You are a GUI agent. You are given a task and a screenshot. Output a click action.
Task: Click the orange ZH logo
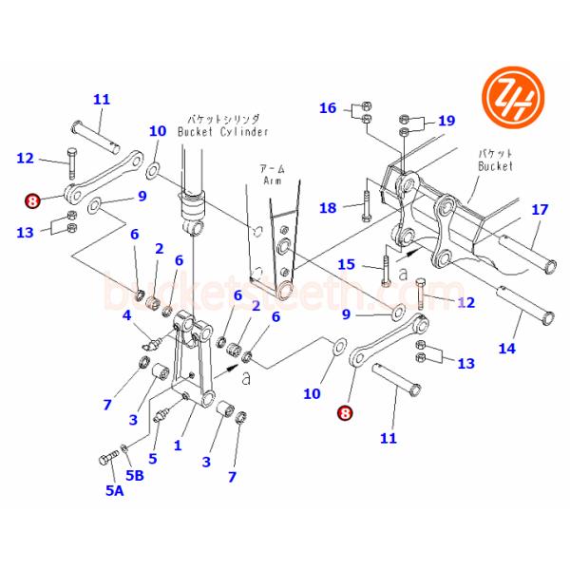tap(509, 98)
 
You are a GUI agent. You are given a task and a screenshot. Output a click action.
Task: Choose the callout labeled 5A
tap(114, 490)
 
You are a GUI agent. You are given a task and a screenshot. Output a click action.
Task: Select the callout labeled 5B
tap(135, 475)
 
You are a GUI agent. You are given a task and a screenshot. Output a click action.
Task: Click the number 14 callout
tap(507, 349)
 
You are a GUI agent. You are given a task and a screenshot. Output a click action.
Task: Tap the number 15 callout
tap(347, 263)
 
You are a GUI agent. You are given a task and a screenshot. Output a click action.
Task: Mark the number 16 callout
tap(328, 108)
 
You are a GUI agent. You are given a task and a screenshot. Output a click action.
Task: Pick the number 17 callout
tap(540, 209)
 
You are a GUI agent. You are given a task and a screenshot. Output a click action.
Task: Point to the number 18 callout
tap(328, 208)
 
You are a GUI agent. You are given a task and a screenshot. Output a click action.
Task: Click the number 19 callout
tap(446, 121)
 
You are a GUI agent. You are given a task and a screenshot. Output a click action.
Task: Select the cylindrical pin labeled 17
tap(522, 250)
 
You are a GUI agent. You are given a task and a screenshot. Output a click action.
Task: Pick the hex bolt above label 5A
tap(104, 461)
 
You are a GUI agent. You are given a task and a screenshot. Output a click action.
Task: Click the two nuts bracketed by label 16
tap(368, 112)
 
